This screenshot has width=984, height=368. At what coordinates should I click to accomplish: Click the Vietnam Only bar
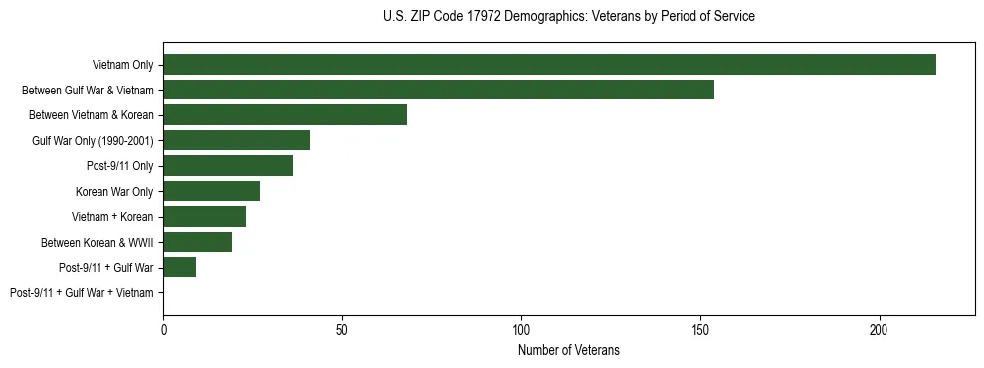click(x=549, y=65)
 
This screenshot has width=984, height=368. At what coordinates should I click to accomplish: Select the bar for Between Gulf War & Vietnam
click(x=439, y=90)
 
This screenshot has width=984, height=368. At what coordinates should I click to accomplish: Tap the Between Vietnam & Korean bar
click(x=286, y=115)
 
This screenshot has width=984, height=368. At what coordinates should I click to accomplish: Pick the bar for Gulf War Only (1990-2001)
click(x=237, y=140)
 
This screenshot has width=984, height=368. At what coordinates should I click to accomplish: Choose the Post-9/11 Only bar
click(x=228, y=166)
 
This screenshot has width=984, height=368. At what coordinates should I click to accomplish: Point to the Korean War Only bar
click(x=212, y=191)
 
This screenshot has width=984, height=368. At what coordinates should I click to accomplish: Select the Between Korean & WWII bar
click(x=198, y=242)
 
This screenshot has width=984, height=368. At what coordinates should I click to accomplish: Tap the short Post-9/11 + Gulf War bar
click(x=180, y=268)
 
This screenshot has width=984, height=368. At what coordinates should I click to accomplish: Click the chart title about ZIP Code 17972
click(x=568, y=17)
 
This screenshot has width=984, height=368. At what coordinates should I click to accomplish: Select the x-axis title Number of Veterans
click(x=568, y=350)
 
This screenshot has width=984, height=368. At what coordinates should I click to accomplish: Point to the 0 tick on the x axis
click(x=164, y=328)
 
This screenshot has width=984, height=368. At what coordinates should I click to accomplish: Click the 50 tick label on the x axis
click(x=342, y=328)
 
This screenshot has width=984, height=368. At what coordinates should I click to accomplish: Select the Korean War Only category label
click(x=114, y=191)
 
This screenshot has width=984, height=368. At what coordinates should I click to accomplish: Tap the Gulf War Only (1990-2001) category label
click(x=93, y=140)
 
